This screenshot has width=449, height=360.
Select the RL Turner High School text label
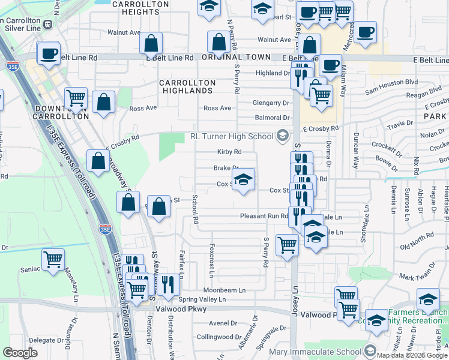(x=232, y=136)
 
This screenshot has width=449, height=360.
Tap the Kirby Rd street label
(x=229, y=152)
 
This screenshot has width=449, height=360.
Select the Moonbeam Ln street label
(x=224, y=290)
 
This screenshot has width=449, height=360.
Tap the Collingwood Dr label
(x=218, y=337)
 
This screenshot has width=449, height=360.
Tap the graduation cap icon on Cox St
(x=243, y=179)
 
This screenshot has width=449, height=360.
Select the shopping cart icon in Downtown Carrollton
(x=76, y=98)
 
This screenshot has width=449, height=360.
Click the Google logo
(x=20, y=353)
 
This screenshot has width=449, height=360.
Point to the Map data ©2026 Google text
(x=412, y=355)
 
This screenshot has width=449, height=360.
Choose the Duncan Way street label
(x=356, y=148)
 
